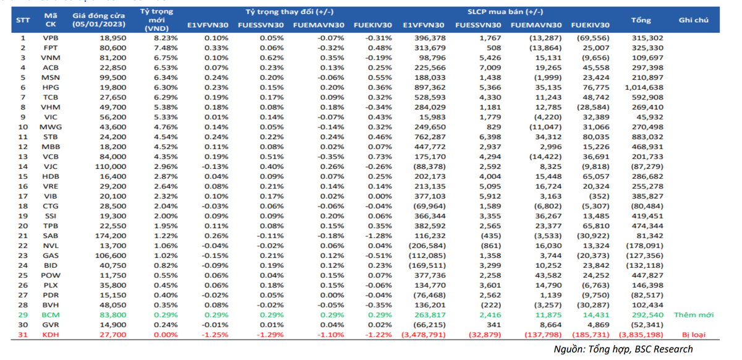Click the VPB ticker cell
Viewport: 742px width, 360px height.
[x=51, y=38]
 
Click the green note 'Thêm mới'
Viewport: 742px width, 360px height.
[x=694, y=315]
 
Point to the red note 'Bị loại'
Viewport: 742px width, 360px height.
[x=694, y=335]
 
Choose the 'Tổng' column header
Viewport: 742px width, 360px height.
[x=641, y=20]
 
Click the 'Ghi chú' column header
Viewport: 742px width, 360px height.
[x=694, y=20]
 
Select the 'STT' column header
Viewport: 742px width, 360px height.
[x=23, y=20]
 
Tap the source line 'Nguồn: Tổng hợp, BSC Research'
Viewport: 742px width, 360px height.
[x=623, y=349]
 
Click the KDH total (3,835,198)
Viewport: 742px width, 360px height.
[x=641, y=335]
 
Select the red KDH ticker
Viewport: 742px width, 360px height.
[x=51, y=335]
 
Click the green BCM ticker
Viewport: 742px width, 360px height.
[x=51, y=315]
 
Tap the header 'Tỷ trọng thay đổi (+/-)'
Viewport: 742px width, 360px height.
[x=281, y=12]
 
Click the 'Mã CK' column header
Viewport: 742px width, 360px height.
[x=51, y=20]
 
